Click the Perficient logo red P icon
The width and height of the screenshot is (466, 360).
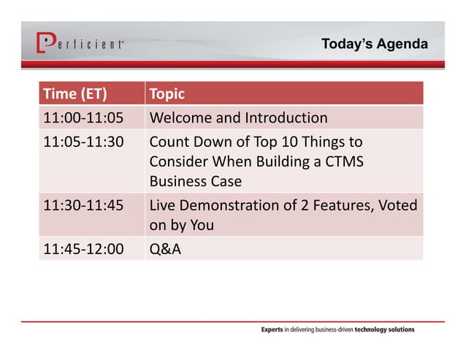(45, 43)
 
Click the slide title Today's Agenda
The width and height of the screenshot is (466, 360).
(374, 45)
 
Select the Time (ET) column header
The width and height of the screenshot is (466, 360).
(75, 94)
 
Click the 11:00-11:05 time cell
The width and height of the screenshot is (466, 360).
(83, 118)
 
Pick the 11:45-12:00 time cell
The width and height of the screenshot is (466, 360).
(83, 249)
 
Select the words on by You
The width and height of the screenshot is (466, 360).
(181, 226)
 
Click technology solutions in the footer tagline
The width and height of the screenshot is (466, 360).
(384, 329)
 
